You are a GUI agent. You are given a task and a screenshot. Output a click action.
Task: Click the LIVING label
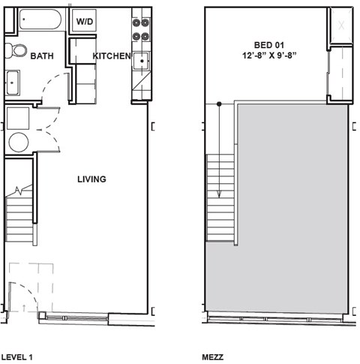(91, 179)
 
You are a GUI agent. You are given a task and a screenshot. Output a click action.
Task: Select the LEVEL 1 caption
(16, 358)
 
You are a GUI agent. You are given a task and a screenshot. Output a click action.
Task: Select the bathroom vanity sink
(13, 82)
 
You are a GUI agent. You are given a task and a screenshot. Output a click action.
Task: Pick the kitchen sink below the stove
(139, 61)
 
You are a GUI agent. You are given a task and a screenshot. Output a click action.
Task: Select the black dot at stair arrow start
(219, 104)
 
